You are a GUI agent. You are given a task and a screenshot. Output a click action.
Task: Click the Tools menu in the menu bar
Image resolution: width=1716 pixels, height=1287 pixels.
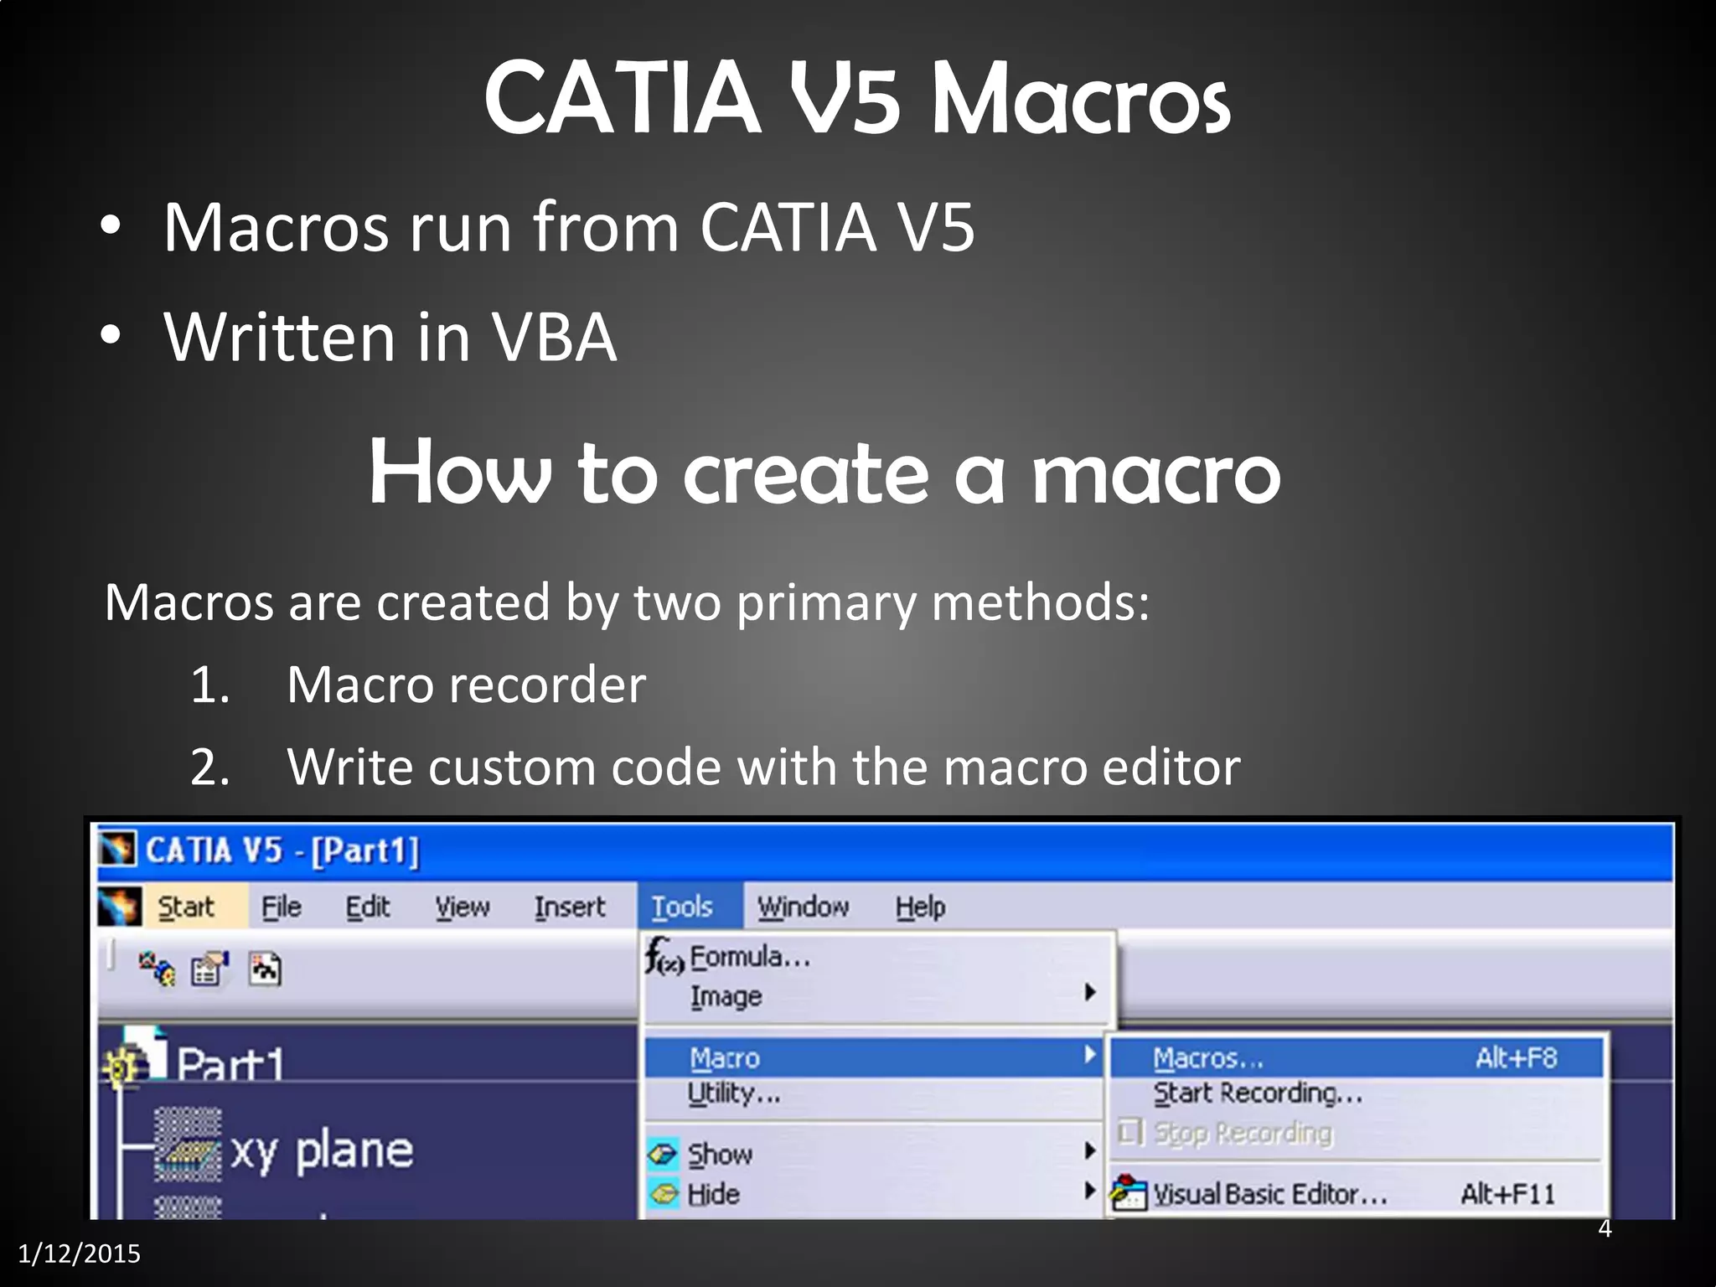click(x=682, y=907)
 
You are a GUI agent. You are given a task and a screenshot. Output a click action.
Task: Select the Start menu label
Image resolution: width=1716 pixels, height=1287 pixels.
click(x=186, y=907)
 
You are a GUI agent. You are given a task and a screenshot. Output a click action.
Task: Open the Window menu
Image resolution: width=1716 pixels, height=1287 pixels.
click(x=803, y=907)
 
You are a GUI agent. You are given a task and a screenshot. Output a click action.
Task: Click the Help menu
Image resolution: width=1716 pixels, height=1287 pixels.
click(x=920, y=907)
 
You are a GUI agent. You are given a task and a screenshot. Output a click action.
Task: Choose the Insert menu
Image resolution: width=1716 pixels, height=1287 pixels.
click(x=570, y=907)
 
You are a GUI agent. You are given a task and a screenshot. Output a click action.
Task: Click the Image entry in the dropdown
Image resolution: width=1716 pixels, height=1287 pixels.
click(x=726, y=996)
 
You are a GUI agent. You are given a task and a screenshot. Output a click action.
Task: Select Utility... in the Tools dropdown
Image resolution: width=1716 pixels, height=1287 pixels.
click(x=734, y=1093)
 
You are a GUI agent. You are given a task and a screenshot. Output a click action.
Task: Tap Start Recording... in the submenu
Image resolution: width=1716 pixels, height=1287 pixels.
click(x=1258, y=1093)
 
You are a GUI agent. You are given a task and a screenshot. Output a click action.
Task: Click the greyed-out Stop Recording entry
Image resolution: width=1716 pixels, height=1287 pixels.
click(x=1243, y=1133)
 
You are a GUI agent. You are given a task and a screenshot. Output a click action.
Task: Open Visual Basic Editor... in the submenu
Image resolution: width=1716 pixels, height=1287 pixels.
click(x=1269, y=1194)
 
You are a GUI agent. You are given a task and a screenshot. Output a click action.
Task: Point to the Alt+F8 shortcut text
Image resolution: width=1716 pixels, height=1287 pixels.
click(x=1516, y=1058)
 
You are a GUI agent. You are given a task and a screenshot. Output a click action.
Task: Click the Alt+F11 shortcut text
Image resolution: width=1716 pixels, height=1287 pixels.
click(x=1507, y=1194)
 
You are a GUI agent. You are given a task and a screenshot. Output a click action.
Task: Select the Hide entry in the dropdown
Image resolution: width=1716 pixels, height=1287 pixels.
click(x=713, y=1194)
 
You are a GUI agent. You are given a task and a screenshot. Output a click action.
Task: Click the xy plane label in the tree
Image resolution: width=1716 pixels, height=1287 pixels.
click(x=322, y=1151)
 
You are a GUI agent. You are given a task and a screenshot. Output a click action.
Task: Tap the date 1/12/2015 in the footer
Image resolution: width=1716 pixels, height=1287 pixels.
click(x=80, y=1253)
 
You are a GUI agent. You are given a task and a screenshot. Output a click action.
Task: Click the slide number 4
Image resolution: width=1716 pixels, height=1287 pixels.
click(x=1605, y=1228)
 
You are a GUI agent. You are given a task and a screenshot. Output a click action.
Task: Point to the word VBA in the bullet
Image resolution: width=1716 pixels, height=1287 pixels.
click(x=554, y=338)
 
